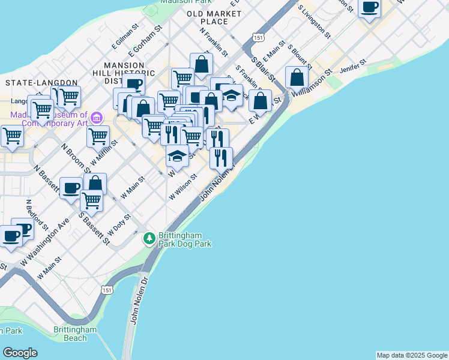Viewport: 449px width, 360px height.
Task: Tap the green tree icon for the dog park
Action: pyautogui.click(x=149, y=239)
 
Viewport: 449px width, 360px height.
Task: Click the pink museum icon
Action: pyautogui.click(x=97, y=116)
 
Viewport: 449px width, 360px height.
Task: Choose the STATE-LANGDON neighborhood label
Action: pyautogui.click(x=41, y=82)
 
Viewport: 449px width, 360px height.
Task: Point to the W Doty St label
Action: pyautogui.click(x=119, y=224)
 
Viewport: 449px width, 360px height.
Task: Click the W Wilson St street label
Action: pyautogui.click(x=184, y=186)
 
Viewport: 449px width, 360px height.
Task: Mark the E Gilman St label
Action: pyautogui.click(x=125, y=36)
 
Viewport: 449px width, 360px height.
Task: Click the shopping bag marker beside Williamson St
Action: pyautogui.click(x=297, y=77)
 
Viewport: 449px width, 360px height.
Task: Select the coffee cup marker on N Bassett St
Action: pyautogui.click(x=71, y=188)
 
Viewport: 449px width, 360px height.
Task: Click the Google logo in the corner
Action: pyautogui.click(x=19, y=353)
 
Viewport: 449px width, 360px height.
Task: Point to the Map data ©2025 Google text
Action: pyautogui.click(x=412, y=355)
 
